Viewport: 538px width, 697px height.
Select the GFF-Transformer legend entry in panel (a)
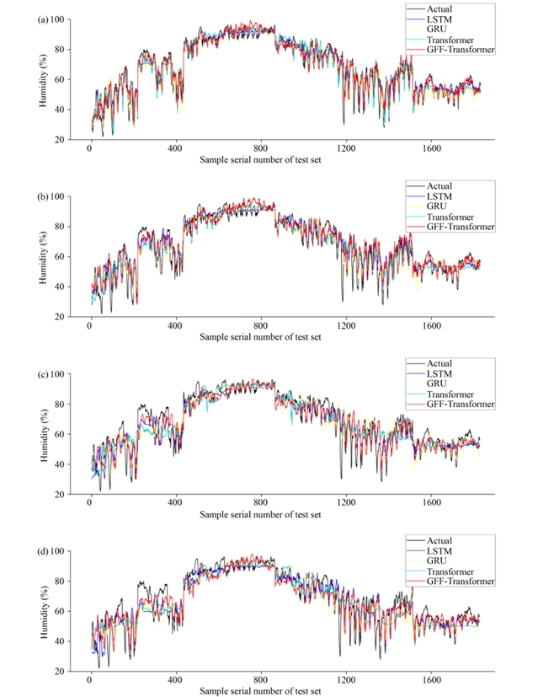[x=461, y=51]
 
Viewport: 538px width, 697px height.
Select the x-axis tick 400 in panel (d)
[x=175, y=680]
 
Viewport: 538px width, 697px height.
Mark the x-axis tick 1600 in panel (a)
[x=430, y=148]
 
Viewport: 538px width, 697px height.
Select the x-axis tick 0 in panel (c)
[x=90, y=503]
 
